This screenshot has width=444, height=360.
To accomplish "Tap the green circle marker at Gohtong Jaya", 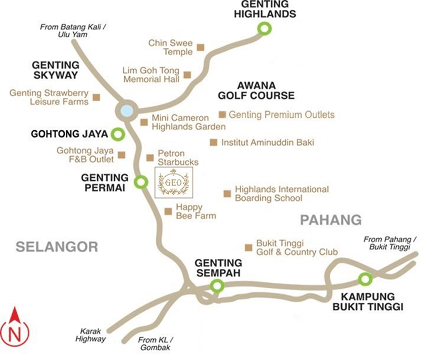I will coord(118,134).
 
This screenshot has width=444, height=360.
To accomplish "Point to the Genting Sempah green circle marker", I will coord(216,286).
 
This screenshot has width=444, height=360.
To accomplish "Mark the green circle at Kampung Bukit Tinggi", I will coord(365,279).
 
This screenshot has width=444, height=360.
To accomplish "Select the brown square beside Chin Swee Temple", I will coord(201,47).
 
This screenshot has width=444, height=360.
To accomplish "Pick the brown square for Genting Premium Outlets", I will coord(223,115).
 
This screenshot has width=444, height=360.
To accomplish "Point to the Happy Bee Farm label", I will coord(195,211).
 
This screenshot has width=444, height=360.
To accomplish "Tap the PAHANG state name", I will coord(331,219).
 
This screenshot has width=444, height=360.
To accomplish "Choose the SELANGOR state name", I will coord(57,246).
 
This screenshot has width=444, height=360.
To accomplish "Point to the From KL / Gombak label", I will coord(155,344).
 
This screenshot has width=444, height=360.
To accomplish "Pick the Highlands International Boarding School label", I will coord(281,193).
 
